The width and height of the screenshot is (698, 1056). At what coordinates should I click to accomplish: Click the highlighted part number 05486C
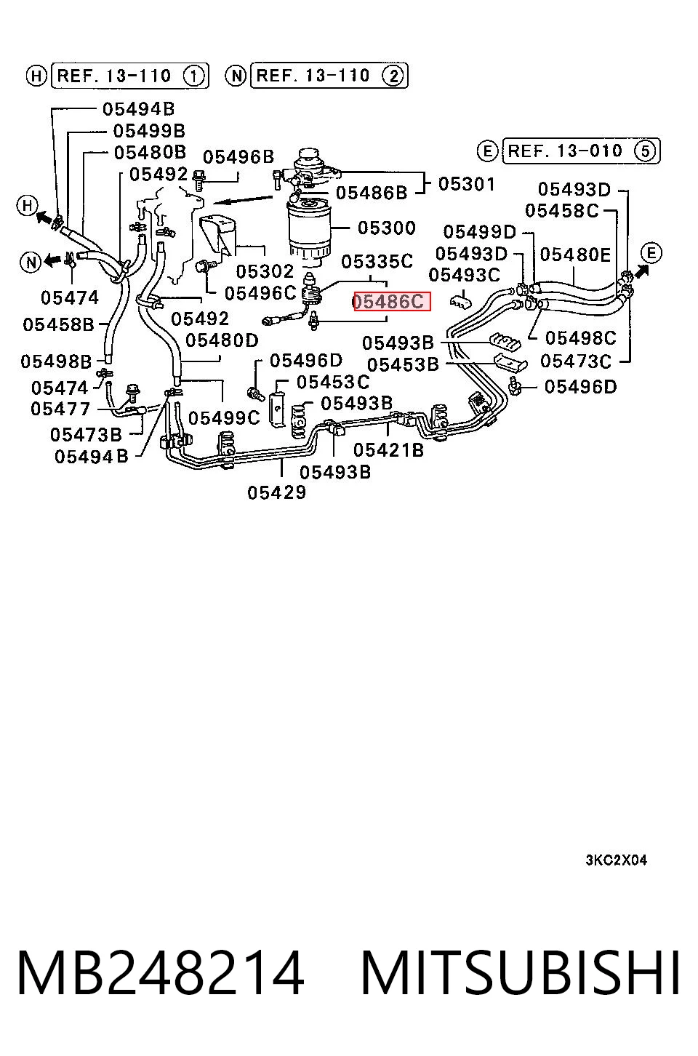[x=392, y=301]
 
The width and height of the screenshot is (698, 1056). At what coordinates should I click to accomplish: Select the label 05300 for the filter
[x=387, y=228]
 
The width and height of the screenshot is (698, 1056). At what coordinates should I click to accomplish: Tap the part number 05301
[x=467, y=184]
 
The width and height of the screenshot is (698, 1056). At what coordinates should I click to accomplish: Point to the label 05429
[x=276, y=492]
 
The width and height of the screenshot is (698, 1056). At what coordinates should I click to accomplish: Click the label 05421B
[x=388, y=450]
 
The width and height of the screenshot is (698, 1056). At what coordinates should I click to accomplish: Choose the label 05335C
[x=377, y=261]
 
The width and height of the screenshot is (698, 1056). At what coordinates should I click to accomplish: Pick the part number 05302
[x=265, y=271]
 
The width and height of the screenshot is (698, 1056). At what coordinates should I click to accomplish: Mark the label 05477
[x=60, y=409]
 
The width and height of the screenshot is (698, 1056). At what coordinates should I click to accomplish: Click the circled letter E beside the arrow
[x=651, y=253]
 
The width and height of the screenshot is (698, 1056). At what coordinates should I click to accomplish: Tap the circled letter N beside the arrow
[x=31, y=262]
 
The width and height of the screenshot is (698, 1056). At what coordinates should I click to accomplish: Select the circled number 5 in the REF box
[x=645, y=151]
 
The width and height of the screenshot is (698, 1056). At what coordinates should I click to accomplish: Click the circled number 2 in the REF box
[x=393, y=76]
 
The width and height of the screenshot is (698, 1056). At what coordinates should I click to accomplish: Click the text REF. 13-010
[x=565, y=151]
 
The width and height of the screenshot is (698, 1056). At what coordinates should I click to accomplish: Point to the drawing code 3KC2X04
[x=617, y=860]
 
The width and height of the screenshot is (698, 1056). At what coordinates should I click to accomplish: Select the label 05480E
[x=575, y=255]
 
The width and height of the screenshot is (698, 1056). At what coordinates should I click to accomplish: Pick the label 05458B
[x=58, y=324]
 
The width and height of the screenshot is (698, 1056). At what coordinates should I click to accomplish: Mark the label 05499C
[x=224, y=417]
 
